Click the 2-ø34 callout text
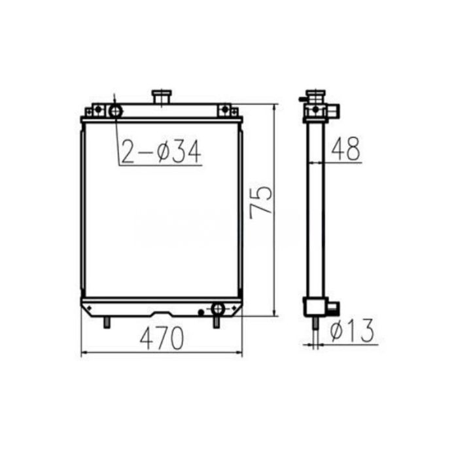160,152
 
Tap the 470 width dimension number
161,338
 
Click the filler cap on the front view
161,97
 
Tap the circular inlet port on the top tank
116,111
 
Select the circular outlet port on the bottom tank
218,308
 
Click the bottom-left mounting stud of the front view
107,322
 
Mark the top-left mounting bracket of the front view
96,110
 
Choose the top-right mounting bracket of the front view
225,110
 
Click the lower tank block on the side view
315,306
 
